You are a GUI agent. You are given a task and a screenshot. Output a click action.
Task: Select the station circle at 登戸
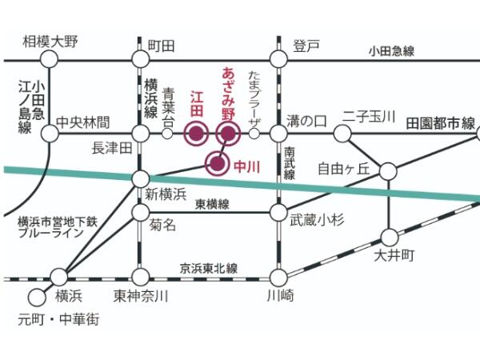click(x=278, y=59)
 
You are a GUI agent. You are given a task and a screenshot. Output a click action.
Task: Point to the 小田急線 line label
click(x=391, y=50)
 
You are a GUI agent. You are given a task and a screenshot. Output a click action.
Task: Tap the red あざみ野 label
click(x=227, y=93)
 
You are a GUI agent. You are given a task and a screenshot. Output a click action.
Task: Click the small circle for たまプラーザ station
click(x=254, y=134)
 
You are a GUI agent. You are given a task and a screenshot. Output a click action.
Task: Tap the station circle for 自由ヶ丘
click(x=388, y=171)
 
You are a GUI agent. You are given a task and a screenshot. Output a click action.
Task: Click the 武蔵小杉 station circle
click(x=278, y=212)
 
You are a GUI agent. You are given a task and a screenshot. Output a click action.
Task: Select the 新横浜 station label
click(x=166, y=194)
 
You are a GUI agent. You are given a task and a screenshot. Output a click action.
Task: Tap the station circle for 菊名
click(x=140, y=212)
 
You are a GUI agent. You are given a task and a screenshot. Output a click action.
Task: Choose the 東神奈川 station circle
click(x=140, y=278)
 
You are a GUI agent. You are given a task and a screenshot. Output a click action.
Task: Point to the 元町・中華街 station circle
click(x=35, y=296)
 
